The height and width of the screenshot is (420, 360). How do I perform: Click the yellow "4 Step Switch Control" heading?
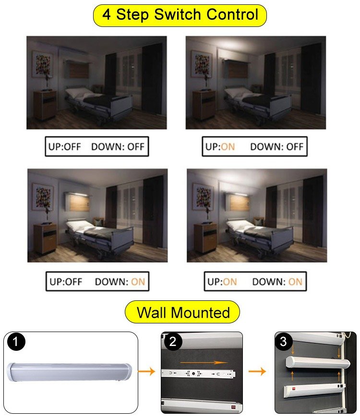click(180, 15)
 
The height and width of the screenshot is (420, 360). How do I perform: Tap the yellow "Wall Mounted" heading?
click(183, 313)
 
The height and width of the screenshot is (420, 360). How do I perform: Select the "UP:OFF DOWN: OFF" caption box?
click(97, 147)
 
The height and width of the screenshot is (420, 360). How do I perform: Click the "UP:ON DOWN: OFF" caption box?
click(254, 147)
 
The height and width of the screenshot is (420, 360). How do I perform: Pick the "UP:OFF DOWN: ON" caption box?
click(97, 282)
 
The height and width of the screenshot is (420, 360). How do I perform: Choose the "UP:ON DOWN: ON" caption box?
click(255, 282)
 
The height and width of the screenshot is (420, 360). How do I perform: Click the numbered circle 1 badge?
click(17, 343)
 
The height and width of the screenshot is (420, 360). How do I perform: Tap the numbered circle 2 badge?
click(172, 343)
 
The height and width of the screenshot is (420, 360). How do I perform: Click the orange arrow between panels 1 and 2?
click(146, 371)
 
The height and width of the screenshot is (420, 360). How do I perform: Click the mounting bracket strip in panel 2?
click(202, 373)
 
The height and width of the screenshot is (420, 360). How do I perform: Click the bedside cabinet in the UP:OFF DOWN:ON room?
click(45, 238)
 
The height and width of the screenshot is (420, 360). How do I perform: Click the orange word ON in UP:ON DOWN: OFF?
click(228, 147)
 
